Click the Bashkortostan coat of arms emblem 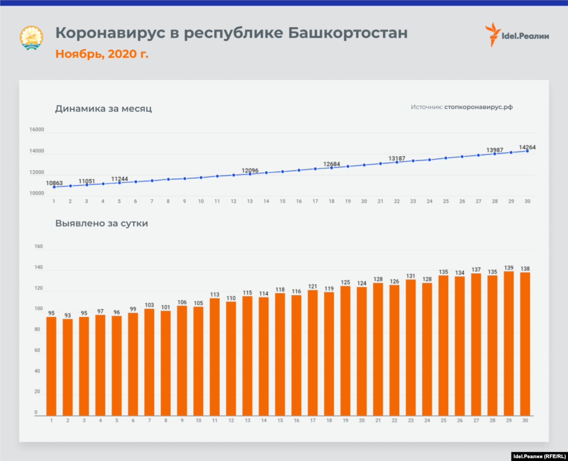tap(32, 38)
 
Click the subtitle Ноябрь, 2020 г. tap(102, 54)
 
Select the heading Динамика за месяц tap(103, 109)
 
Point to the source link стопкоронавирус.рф tap(478, 107)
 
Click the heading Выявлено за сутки tap(102, 224)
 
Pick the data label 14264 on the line tap(527, 147)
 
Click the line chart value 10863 tap(54, 182)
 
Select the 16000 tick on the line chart tap(37, 130)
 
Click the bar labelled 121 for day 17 tap(312, 352)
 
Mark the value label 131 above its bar tap(410, 275)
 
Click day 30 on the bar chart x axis tap(525, 420)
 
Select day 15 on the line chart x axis tap(282, 201)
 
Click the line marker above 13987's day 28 tap(495, 153)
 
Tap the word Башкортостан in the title tap(348, 33)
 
